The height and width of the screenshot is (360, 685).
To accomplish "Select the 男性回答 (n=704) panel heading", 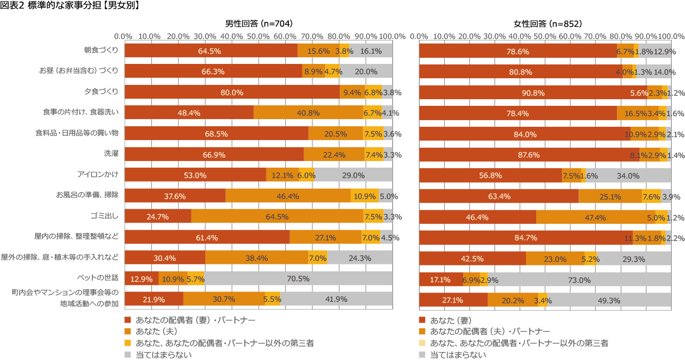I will click(259, 24).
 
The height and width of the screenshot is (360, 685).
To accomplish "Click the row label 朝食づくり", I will click(101, 51).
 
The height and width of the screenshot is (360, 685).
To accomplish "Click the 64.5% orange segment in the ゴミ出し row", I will click(277, 216).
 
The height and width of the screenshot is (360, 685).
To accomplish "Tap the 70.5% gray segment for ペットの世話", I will click(299, 278).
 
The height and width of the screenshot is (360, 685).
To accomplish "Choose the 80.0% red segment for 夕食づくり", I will click(232, 93).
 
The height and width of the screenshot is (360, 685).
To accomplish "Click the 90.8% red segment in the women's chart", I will click(540, 93).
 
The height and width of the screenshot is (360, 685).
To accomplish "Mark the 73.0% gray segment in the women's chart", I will click(580, 280).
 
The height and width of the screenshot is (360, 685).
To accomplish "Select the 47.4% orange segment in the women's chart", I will click(596, 217).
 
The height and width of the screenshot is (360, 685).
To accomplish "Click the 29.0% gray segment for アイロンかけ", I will click(353, 175).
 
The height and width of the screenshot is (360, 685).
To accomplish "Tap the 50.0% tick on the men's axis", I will click(258, 37).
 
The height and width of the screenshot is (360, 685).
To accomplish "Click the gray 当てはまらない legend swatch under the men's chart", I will click(128, 354).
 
